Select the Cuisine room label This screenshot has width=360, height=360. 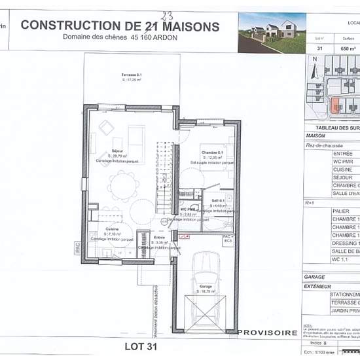click(x=112, y=229)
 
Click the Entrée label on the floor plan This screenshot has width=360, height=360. click(x=158, y=237)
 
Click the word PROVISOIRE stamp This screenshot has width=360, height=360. click(x=266, y=333)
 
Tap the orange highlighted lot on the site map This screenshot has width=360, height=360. click(x=336, y=105)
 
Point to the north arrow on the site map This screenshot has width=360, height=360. click(x=314, y=63)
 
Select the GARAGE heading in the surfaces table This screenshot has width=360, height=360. click(x=315, y=277)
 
